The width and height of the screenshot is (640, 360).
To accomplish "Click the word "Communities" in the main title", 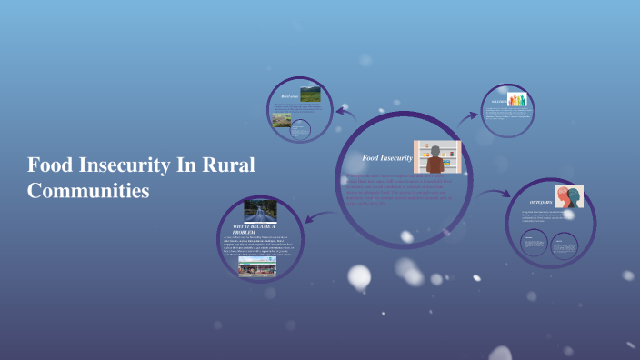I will [x=88, y=192].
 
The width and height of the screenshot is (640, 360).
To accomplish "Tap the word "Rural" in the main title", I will [x=227, y=166].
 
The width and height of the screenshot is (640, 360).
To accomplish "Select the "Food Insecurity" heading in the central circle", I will [x=387, y=159].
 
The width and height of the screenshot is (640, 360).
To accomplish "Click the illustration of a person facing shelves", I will [x=436, y=157].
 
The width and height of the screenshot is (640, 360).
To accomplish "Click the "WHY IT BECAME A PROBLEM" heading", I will [x=255, y=228].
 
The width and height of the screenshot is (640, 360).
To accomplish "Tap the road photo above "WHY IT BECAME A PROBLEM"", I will [x=260, y=210].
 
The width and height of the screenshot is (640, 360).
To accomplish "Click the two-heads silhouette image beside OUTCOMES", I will [x=569, y=196].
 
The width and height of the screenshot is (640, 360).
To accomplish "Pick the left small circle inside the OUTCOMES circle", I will [x=534, y=244].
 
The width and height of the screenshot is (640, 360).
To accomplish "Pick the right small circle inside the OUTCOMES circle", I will [x=565, y=243].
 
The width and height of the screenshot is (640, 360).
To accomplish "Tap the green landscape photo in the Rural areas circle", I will [x=310, y=93].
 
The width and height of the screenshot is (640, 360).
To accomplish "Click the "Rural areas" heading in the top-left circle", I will [x=290, y=95].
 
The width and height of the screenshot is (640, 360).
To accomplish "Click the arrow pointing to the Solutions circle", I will [x=469, y=115].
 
